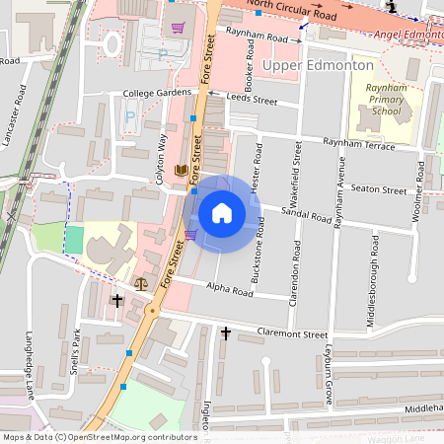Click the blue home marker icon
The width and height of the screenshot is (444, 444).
coord(222,213)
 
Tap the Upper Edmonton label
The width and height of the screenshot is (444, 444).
coord(320,65)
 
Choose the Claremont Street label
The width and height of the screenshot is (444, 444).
coord(291,334)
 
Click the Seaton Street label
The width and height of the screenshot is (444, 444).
coord(379,189)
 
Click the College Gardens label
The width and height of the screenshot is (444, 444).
coord(157,94)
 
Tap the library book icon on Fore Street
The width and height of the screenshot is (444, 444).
coord(181,171)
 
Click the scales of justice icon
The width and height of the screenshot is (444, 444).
coord(140,282)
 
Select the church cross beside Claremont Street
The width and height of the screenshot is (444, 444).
coord(225,333)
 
